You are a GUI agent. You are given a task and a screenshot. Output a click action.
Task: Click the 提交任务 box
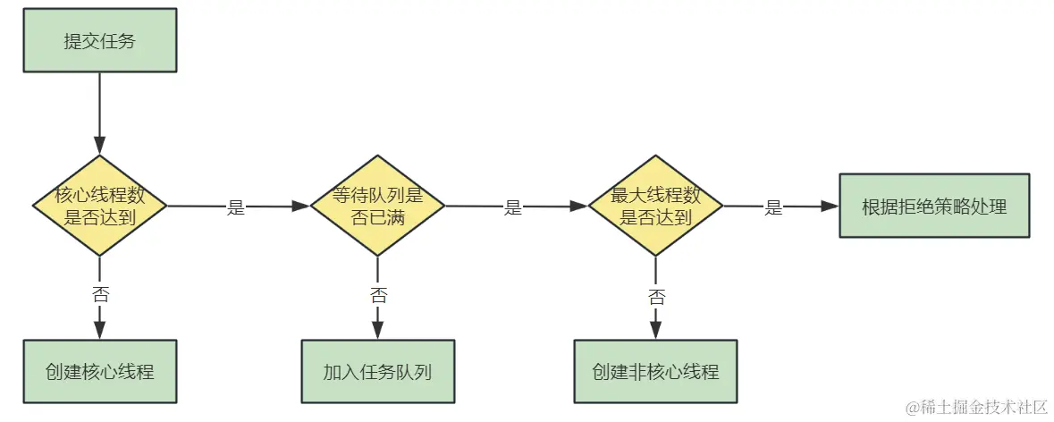[x=100, y=40]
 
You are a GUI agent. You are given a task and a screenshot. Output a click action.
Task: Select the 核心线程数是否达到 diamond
[x=100, y=206]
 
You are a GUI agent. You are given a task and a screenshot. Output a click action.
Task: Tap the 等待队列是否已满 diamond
[x=377, y=206]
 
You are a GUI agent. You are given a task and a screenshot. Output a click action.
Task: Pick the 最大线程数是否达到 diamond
[x=655, y=206]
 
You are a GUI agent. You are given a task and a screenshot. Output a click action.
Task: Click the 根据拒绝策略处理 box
[x=934, y=206]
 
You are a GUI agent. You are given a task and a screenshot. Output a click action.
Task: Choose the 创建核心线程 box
[x=100, y=371]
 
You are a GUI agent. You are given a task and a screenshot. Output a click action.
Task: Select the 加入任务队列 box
[x=377, y=371]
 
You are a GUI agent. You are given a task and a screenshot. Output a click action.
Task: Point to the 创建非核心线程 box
[x=655, y=371]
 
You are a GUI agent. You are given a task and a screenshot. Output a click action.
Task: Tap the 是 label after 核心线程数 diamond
[x=236, y=207]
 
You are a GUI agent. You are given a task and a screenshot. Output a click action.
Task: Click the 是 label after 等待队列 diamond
[x=513, y=207]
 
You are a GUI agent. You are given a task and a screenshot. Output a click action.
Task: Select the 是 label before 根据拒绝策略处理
[x=773, y=207]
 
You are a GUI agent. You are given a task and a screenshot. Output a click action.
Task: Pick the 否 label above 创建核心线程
[x=100, y=294]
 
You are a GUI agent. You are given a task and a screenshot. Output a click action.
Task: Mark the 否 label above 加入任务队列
[x=378, y=294]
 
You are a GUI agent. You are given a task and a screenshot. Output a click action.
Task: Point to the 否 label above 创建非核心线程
[x=656, y=294]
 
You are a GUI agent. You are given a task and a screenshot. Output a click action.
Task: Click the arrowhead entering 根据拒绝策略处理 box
[x=831, y=206]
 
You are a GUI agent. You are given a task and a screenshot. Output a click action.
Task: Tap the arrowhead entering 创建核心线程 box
[x=100, y=330]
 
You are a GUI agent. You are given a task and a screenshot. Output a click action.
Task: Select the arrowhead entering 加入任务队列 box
[x=377, y=330]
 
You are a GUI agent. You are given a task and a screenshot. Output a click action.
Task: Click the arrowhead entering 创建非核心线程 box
[x=655, y=330]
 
